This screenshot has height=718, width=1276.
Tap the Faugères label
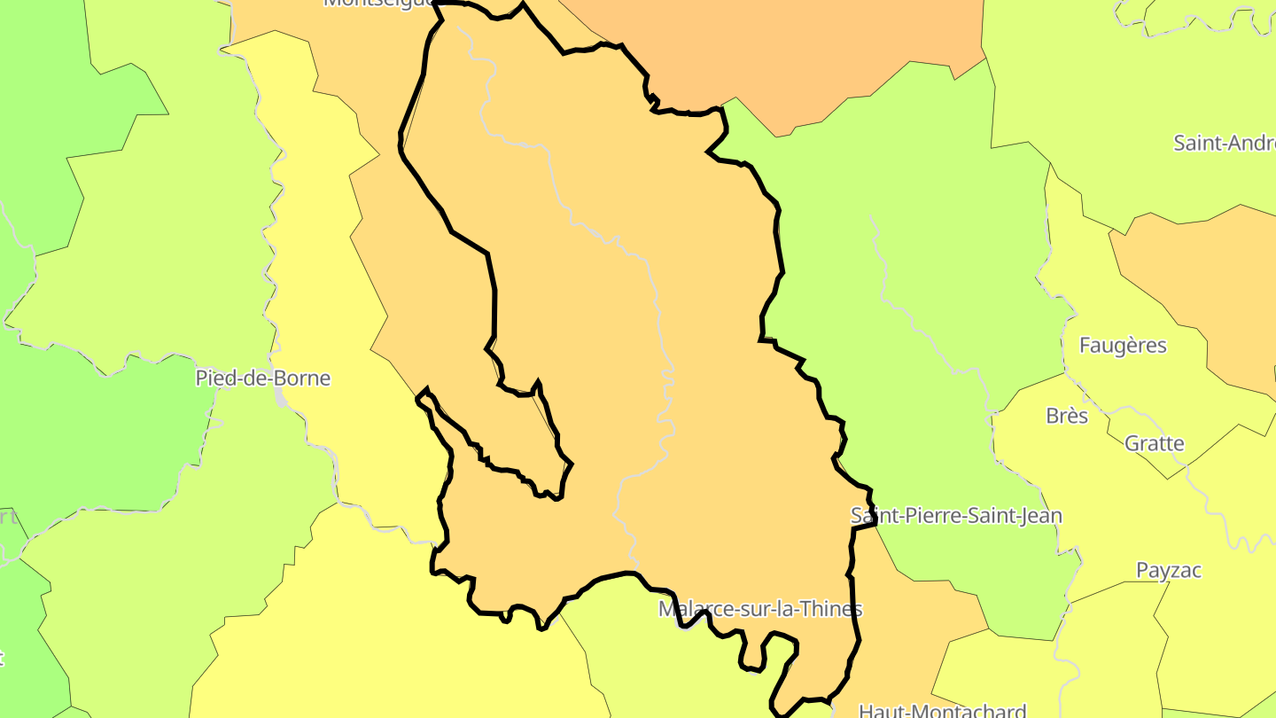coord(1123,346)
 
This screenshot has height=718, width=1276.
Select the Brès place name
coord(1067,416)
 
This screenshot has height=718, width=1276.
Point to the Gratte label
coord(1154,443)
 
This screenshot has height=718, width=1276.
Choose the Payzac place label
coord(1169,570)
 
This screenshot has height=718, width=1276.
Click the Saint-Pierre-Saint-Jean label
coord(956,516)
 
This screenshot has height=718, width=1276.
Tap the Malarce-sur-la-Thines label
coord(760,609)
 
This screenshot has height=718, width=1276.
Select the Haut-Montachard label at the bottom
coord(943,711)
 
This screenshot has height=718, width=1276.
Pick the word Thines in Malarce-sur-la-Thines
coord(833,609)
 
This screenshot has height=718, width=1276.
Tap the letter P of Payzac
coord(1143,570)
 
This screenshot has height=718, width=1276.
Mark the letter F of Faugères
coord(1085,346)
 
